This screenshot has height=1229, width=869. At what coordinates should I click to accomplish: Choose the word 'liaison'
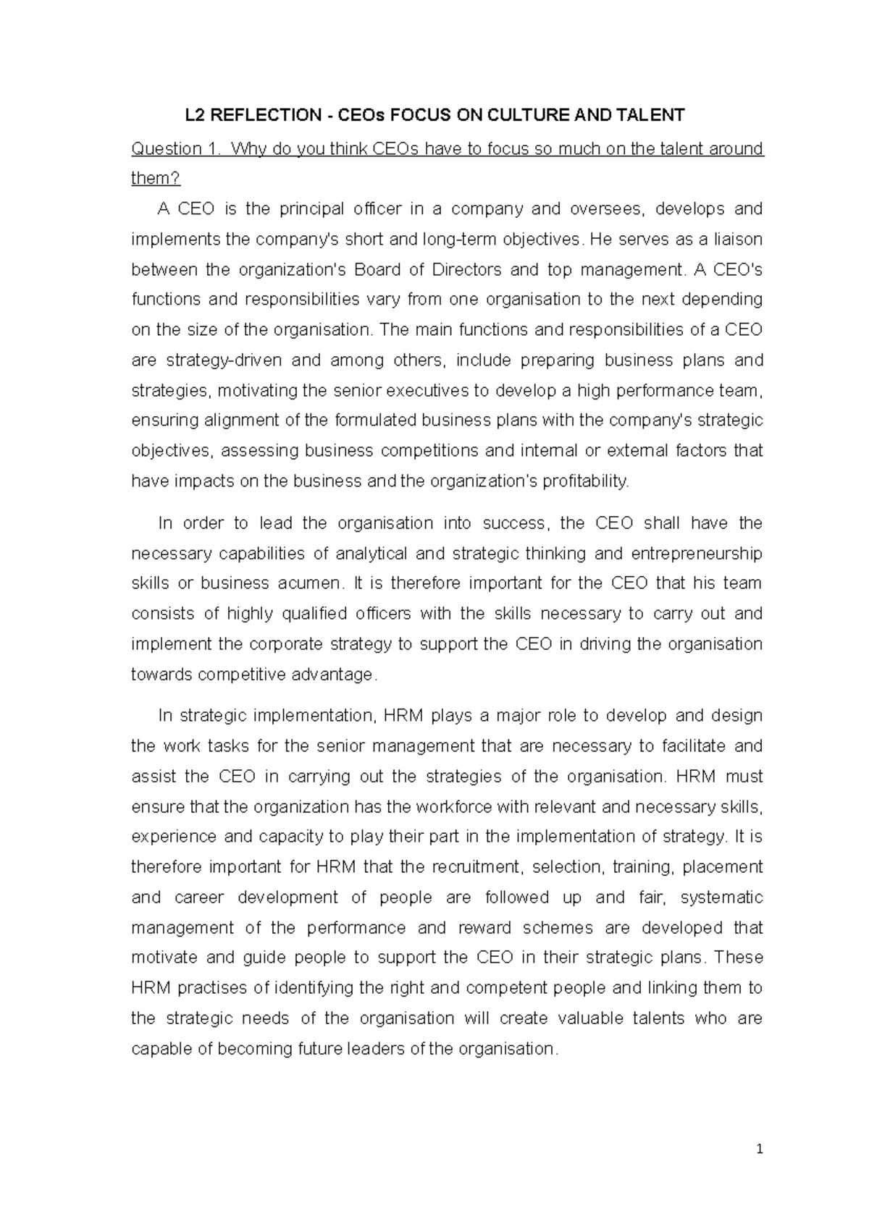736,240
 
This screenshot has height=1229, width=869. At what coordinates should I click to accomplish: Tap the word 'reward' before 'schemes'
484,928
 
